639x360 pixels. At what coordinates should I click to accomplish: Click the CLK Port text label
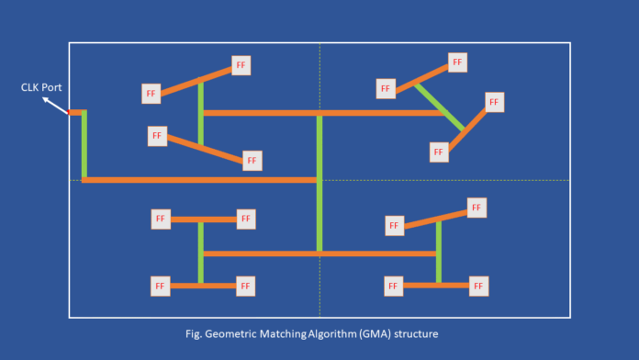click(42, 88)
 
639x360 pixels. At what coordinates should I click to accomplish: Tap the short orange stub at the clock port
click(74, 113)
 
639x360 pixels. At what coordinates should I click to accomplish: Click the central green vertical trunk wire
click(319, 184)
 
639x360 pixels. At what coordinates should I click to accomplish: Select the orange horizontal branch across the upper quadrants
click(321, 113)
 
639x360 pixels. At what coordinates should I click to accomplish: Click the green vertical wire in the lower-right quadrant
click(438, 250)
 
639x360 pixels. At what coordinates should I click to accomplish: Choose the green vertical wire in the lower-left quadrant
click(200, 252)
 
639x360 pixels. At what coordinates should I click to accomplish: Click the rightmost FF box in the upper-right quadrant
click(494, 102)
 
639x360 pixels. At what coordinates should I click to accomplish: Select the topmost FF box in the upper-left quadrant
click(241, 65)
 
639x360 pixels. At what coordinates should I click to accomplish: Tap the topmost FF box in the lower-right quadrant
click(476, 208)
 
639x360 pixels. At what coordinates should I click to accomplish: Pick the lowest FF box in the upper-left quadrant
click(252, 161)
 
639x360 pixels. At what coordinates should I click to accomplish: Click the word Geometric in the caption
click(238, 331)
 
